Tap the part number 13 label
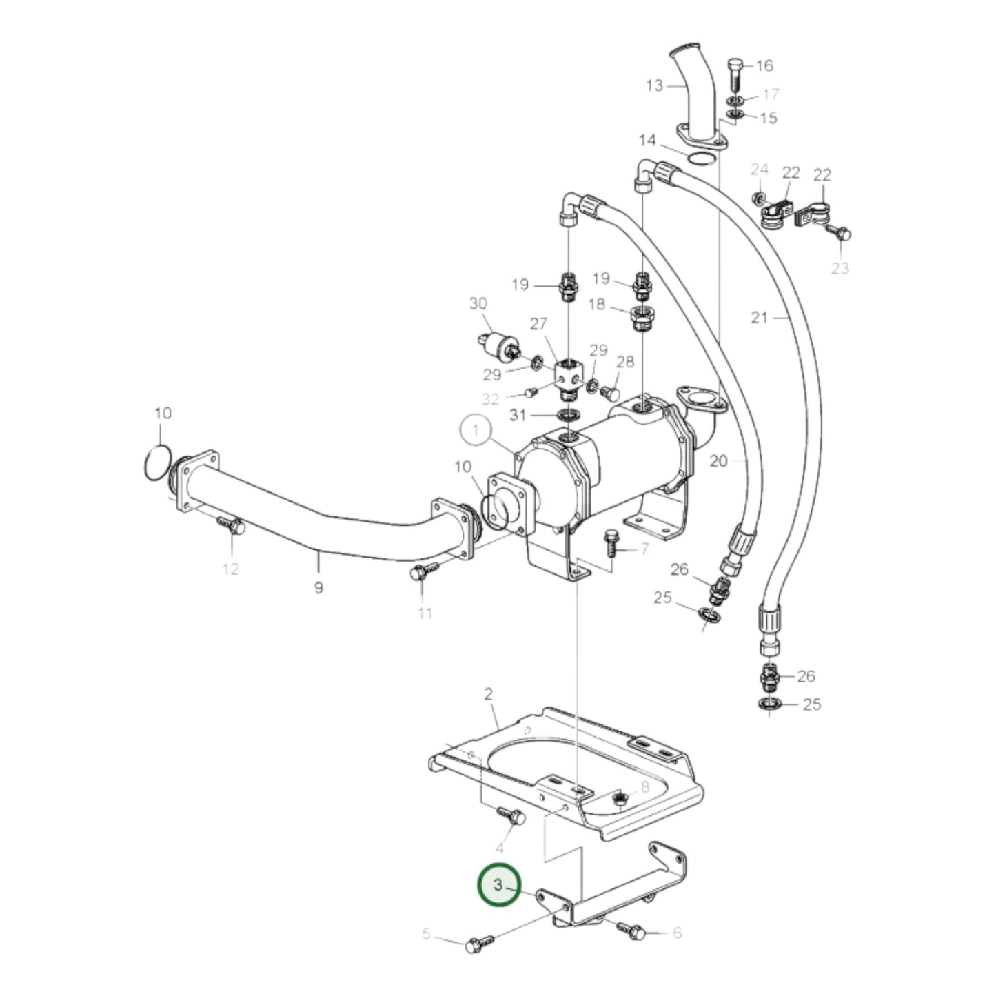point(655,85)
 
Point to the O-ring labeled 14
point(701,159)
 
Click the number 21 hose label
point(759,318)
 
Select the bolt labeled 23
point(840,234)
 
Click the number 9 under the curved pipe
point(318,588)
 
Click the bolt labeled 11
point(423,571)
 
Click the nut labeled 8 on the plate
point(620,800)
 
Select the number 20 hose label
point(719,460)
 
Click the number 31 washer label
point(518,415)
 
